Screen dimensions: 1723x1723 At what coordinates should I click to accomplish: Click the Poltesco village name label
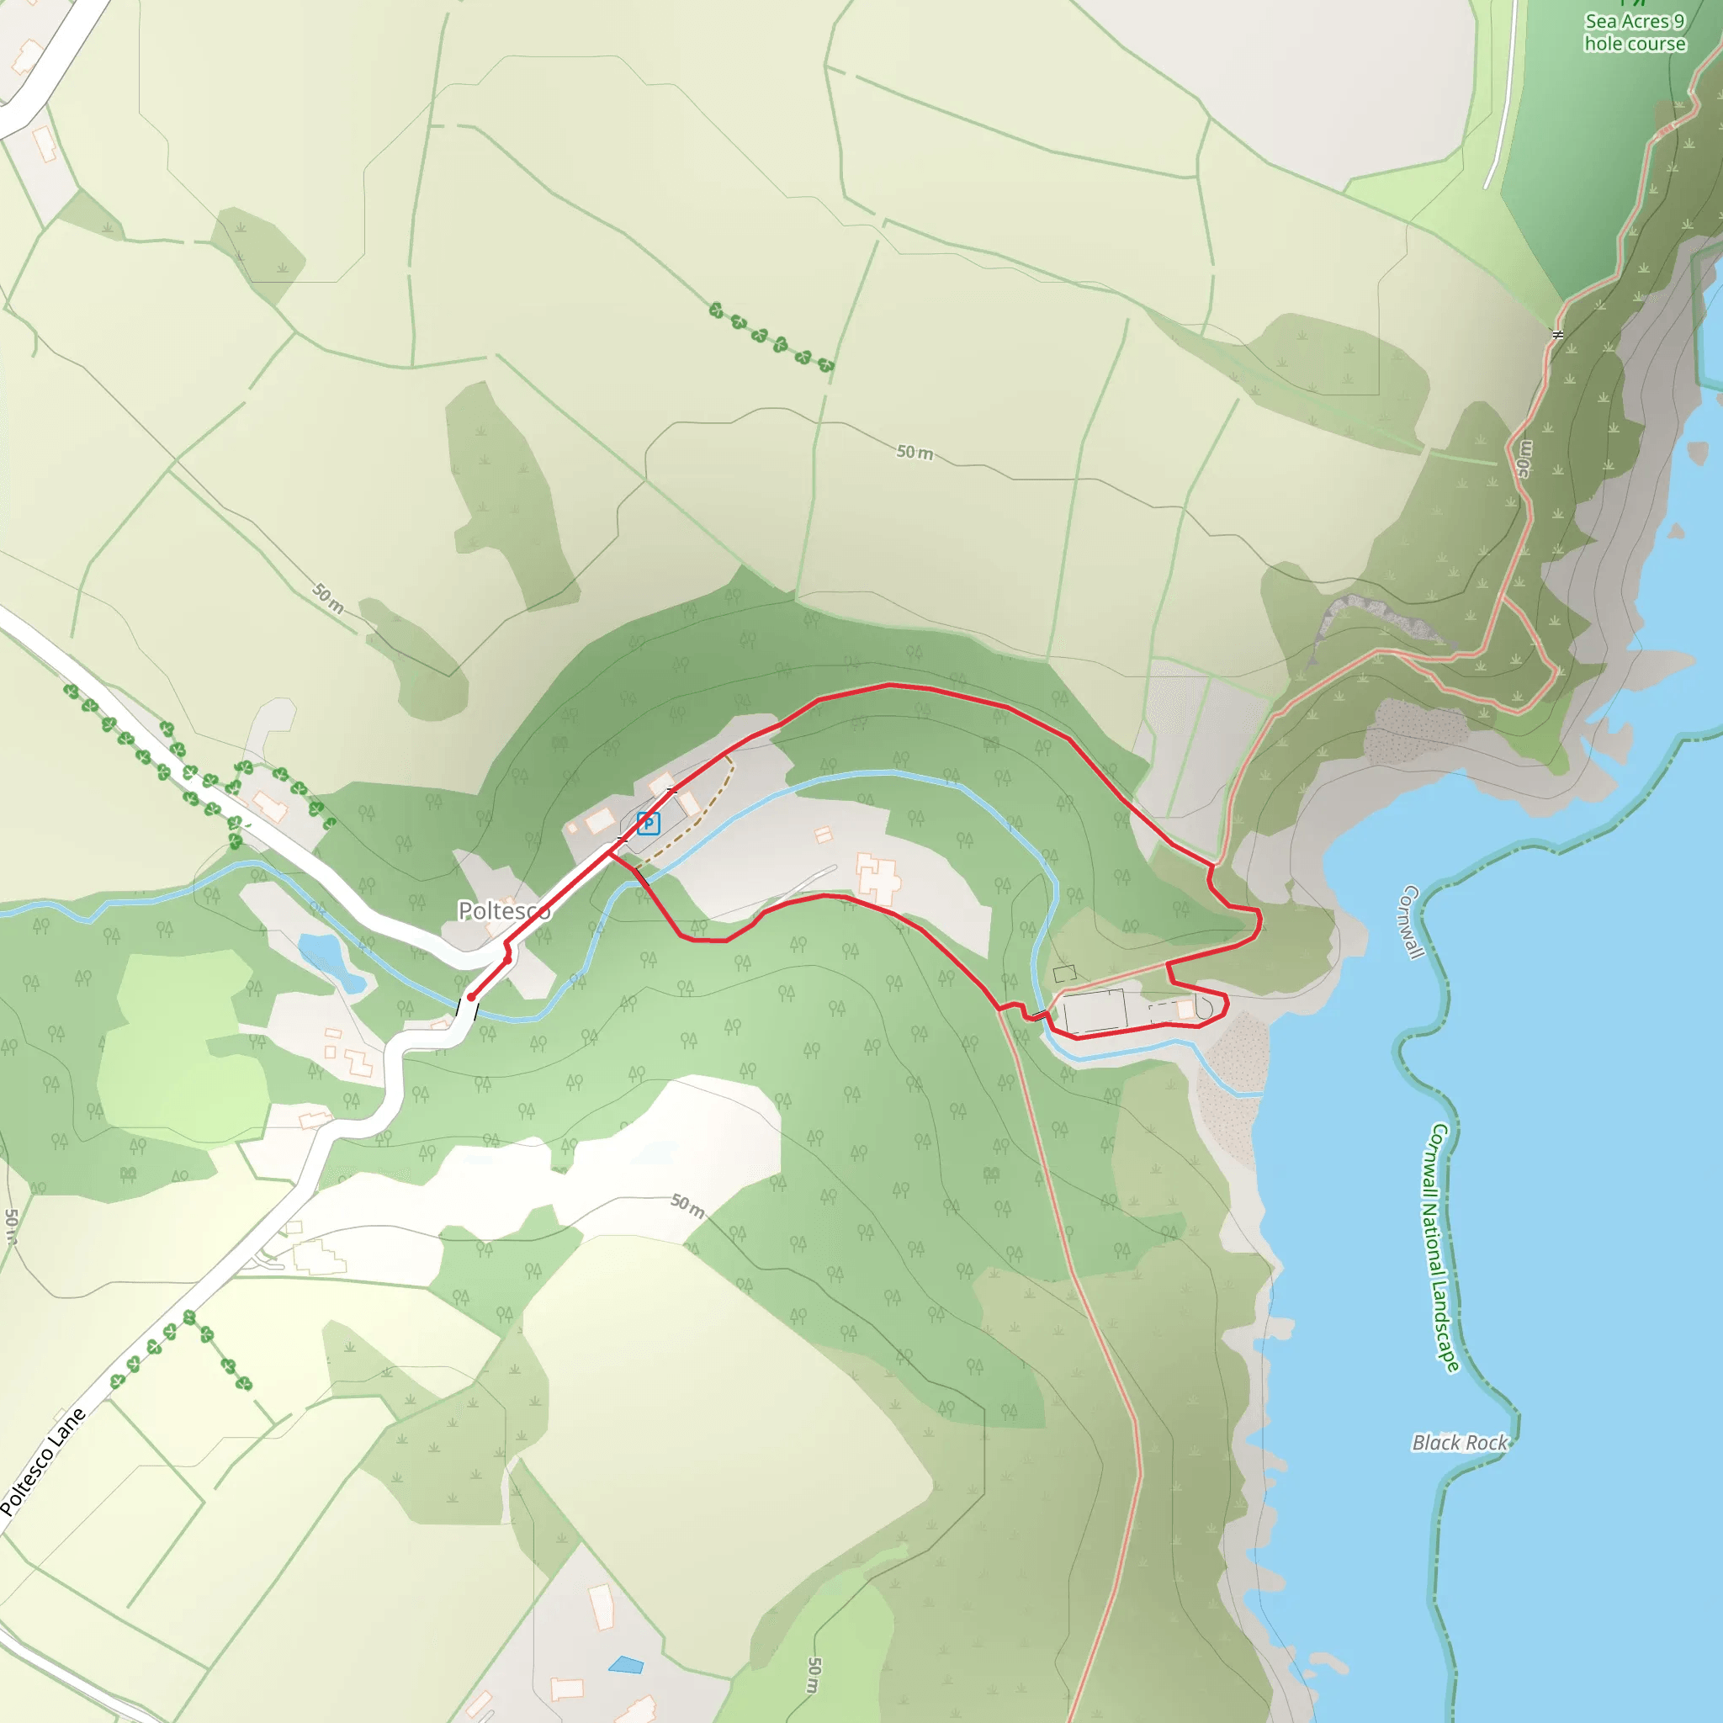pos(503,910)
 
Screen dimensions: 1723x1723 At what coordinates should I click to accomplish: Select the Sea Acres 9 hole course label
pos(1634,33)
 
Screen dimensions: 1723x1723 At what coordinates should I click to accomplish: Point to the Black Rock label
pos(1459,1442)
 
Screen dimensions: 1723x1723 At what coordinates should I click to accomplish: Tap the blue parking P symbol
pos(649,822)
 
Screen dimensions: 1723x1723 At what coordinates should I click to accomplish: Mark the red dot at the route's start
pos(471,997)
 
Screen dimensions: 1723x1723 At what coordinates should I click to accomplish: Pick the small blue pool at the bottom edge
pos(626,1664)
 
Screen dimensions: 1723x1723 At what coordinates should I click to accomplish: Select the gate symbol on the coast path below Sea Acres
pos(1557,336)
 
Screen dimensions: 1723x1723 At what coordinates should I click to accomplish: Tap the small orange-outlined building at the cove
pos(1185,1009)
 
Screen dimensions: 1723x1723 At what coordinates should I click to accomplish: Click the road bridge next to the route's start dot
pos(467,1011)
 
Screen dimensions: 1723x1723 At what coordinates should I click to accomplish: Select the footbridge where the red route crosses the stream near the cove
pos(1037,1014)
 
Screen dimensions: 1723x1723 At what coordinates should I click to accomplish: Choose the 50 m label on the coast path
pos(1525,459)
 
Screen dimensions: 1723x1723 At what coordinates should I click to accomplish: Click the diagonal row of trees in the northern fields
pos(771,338)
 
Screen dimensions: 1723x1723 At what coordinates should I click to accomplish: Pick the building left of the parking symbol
pos(600,819)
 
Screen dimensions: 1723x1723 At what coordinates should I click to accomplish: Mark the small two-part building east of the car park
pos(823,835)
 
